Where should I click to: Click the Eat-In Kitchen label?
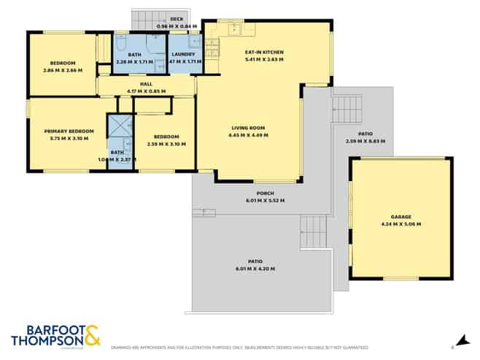coord(263,52)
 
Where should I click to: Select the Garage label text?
coord(400,217)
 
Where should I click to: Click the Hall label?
coord(147,84)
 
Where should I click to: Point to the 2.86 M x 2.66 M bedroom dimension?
coord(62,69)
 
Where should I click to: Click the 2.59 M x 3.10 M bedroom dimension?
coord(166,144)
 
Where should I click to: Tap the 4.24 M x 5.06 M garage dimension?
coord(400,224)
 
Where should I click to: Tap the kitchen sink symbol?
coord(236,29)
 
